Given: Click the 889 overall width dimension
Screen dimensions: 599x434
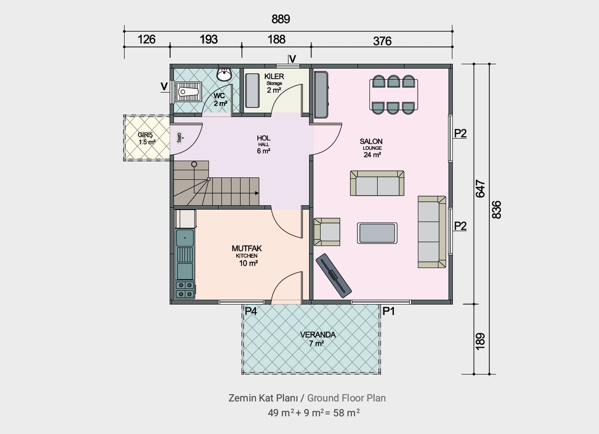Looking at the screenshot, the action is pyautogui.click(x=280, y=19).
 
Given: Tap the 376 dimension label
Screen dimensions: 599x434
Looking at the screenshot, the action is pyautogui.click(x=382, y=41).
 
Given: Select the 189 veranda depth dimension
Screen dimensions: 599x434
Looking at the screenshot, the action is pyautogui.click(x=481, y=341).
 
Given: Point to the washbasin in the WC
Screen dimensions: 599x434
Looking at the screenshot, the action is pyautogui.click(x=224, y=74).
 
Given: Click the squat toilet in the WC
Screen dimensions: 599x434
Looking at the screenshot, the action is pyautogui.click(x=188, y=92).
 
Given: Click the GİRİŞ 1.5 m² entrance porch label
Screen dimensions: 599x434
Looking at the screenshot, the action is pyautogui.click(x=146, y=138).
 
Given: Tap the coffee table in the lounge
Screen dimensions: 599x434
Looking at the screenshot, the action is pyautogui.click(x=377, y=233).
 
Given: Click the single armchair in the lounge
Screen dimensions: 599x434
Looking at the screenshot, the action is pyautogui.click(x=327, y=232).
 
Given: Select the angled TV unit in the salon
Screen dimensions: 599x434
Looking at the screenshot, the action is pyautogui.click(x=334, y=275).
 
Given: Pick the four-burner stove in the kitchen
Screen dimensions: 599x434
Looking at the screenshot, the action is pyautogui.click(x=185, y=290).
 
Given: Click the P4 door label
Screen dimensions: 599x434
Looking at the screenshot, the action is pyautogui.click(x=251, y=311).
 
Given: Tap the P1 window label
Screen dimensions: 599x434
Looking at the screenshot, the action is pyautogui.click(x=389, y=311).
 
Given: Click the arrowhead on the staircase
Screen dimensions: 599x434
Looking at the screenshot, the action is pyautogui.click(x=257, y=193).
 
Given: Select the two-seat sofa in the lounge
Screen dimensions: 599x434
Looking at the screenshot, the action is pyautogui.click(x=377, y=183).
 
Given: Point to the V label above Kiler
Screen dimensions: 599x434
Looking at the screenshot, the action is pyautogui.click(x=293, y=59).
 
